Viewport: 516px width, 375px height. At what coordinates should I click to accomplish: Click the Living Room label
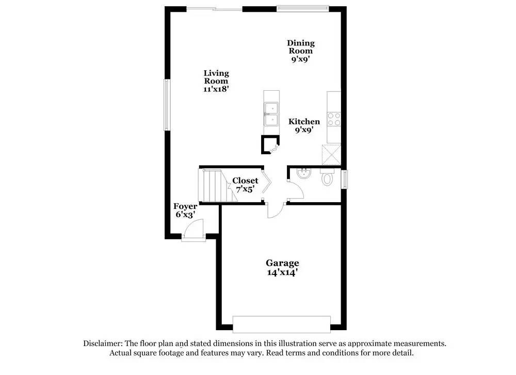pos(216,77)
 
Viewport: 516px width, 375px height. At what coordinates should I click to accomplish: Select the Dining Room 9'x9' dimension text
pos(300,59)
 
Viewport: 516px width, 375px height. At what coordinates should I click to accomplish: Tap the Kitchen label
pos(304,122)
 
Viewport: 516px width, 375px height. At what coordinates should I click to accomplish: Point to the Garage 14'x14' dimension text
pos(282,272)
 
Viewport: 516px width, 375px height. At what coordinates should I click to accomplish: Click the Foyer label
pos(185,206)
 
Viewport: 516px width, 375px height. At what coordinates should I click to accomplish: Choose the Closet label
pos(245,181)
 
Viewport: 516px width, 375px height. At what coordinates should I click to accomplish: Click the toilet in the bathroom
pos(327,178)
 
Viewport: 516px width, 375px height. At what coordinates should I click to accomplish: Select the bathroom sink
pos(304,174)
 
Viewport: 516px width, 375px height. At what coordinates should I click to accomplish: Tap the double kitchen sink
pos(271,114)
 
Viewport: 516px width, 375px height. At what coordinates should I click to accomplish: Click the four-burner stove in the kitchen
pos(334,119)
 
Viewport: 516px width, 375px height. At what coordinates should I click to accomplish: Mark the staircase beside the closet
pos(212,186)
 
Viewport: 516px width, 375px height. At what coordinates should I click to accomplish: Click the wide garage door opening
pos(281,324)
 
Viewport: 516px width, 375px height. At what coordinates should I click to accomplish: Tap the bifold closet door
pos(266,185)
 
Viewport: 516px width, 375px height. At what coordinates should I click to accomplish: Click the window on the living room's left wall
pos(167,105)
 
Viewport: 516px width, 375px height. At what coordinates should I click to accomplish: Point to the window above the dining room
pos(302,8)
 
